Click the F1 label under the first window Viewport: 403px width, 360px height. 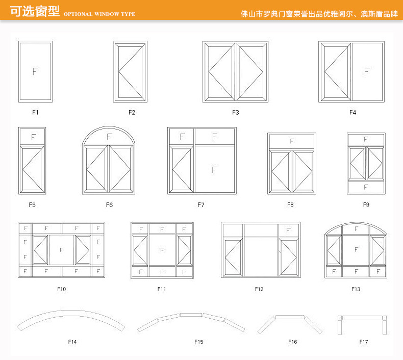coord(35,112)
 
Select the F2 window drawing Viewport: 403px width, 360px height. coord(130,72)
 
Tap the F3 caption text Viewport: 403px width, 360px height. coord(236,112)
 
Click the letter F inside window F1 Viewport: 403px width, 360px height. coord(35,71)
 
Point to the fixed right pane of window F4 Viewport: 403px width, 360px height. coord(366,71)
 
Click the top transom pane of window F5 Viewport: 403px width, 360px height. coord(33,137)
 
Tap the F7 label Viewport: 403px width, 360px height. coord(201,205)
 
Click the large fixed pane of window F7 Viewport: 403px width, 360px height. coord(214,169)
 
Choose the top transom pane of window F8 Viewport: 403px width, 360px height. coord(292,141)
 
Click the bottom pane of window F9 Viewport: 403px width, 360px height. coord(366,187)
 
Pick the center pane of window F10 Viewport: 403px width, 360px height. coord(61,250)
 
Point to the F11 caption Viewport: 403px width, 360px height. coord(162,289)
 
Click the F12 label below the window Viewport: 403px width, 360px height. coord(259,289)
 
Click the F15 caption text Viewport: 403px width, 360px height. coord(198,342)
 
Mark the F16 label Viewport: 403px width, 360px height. coord(292,342)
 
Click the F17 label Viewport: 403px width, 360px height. coord(363,342)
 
